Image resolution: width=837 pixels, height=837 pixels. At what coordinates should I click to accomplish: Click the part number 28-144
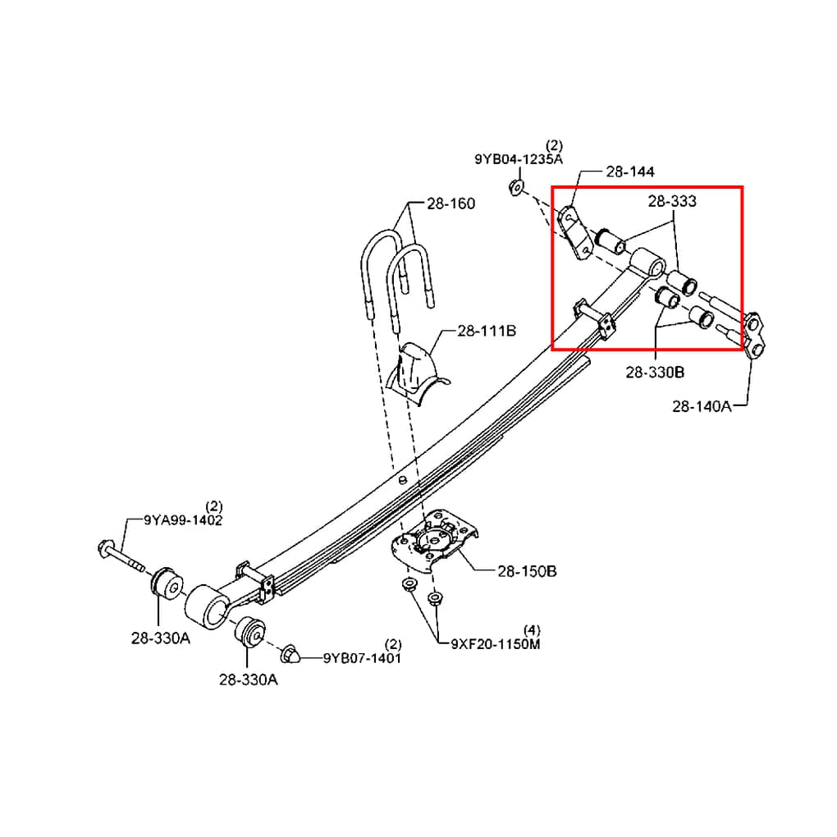pos(630,172)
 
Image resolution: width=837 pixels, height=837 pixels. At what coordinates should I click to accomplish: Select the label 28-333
pos(672,201)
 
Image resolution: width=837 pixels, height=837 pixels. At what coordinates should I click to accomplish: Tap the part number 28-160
pos(451,204)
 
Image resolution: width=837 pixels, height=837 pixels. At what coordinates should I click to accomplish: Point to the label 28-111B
pos(487,331)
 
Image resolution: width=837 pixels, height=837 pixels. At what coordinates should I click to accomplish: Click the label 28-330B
pos(655,372)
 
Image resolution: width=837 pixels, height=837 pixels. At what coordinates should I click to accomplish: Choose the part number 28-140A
pos(702,407)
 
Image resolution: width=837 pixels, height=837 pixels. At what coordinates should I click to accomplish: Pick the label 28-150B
pos(527,571)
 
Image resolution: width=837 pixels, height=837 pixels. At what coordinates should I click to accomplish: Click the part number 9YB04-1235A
pos(519,159)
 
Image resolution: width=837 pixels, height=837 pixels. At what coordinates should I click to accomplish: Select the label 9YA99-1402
pos(182,520)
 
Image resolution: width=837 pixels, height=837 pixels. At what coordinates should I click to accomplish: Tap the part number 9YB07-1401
pos(362,658)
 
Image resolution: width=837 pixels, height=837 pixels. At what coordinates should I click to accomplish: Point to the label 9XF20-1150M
pos(496,644)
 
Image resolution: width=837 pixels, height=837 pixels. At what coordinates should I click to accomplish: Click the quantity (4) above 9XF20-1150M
pos(532,630)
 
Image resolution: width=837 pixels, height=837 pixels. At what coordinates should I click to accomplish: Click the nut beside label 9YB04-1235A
pos(516,187)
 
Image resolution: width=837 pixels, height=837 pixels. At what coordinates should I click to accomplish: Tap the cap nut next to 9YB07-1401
pos(290,655)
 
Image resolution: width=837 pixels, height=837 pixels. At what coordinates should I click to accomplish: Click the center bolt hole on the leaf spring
pos(402,479)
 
